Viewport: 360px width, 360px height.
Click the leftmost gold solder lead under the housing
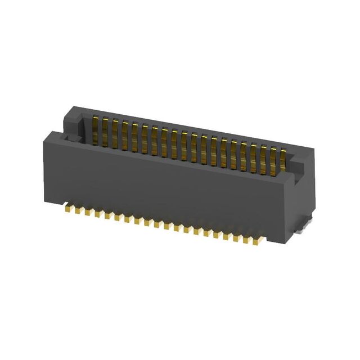[70, 209]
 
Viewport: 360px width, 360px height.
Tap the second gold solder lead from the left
[80, 211]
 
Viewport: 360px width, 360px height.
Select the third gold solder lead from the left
[89, 213]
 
